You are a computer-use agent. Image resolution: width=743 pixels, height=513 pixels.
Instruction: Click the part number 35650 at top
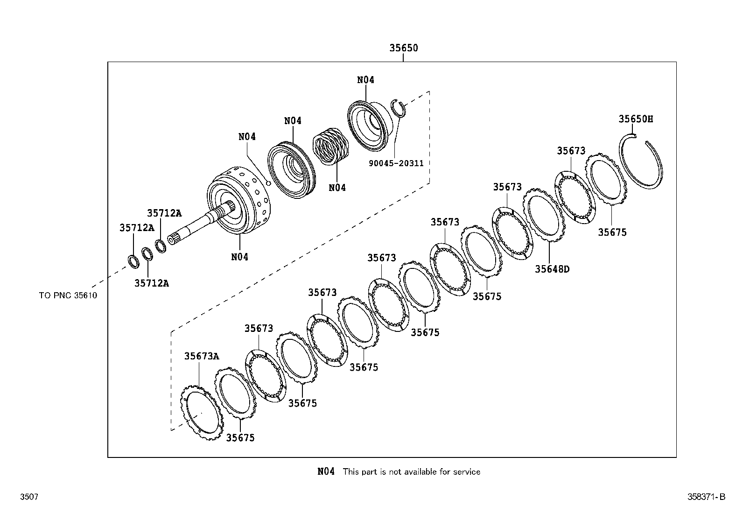(404, 48)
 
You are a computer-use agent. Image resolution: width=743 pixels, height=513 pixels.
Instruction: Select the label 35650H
(636, 119)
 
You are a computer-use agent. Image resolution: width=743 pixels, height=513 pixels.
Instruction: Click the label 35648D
(552, 269)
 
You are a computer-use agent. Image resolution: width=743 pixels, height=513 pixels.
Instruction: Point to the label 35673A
(201, 356)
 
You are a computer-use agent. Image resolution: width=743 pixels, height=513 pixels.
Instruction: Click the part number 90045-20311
(396, 163)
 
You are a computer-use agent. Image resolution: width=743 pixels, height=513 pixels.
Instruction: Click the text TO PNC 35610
(68, 295)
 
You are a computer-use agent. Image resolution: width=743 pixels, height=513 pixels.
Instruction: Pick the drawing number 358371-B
(706, 497)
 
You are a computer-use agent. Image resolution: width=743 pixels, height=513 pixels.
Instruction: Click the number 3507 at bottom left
(28, 497)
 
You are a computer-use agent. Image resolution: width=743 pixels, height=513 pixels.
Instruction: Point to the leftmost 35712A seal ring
(133, 261)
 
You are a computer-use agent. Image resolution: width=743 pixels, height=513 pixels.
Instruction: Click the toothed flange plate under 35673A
(201, 415)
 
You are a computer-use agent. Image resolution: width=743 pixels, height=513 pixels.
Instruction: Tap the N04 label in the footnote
(326, 471)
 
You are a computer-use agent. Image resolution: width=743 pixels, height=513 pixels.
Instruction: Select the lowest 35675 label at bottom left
(240, 438)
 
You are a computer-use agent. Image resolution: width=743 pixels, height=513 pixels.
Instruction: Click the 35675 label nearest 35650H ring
(612, 232)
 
